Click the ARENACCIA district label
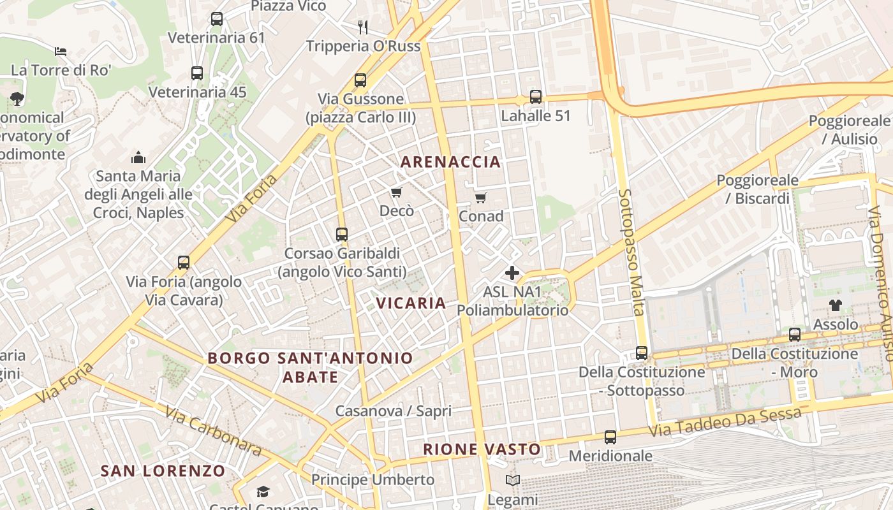click(x=450, y=162)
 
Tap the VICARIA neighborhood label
click(x=411, y=303)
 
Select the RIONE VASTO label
click(x=482, y=449)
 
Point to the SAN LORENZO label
click(x=163, y=471)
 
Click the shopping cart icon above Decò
click(x=396, y=192)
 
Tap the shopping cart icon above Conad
click(x=481, y=198)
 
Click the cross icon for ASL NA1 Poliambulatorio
click(x=512, y=273)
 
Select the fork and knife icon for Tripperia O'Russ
click(x=363, y=27)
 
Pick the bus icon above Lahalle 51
click(x=536, y=97)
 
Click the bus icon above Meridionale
click(x=610, y=437)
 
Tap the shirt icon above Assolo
click(x=835, y=305)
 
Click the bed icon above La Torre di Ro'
click(x=61, y=51)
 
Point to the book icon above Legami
click(x=512, y=480)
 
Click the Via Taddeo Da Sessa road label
click(x=725, y=423)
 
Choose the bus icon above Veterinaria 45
click(x=197, y=73)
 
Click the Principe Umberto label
click(x=373, y=479)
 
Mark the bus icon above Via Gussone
click(x=360, y=80)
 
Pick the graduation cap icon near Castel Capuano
click(x=262, y=492)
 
